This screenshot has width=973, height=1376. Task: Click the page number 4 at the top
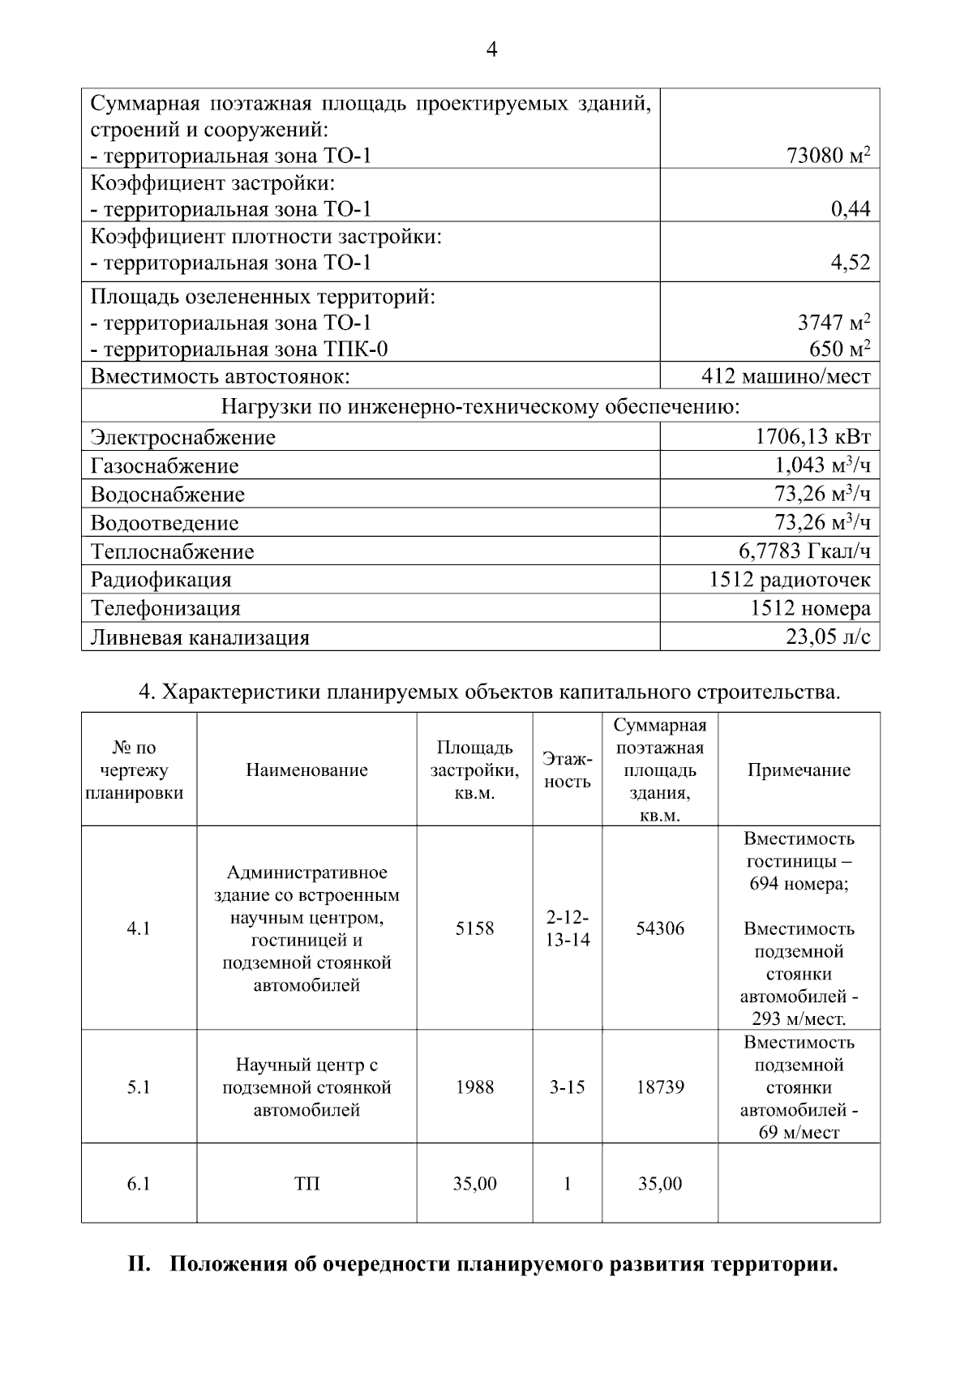491,50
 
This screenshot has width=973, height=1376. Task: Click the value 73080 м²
828,155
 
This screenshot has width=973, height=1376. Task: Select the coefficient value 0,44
850,209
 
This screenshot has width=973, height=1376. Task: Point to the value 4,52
850,263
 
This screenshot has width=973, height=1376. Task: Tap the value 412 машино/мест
785,376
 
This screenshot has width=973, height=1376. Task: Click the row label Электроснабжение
183,438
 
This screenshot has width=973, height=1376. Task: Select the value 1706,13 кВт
812,437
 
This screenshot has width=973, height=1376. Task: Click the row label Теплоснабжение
172,551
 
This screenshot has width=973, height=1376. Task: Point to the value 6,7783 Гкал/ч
804,551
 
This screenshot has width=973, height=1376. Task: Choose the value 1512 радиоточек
789,580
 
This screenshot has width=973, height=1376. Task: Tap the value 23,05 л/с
827,637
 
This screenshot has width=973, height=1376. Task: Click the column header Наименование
306,770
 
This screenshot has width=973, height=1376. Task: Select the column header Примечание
799,770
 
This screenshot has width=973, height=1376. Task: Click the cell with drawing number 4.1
139,928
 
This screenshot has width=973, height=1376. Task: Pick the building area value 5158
474,928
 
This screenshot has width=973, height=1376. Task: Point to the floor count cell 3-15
567,1087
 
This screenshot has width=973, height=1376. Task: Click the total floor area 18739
659,1087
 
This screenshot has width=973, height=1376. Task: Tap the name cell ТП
306,1184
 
